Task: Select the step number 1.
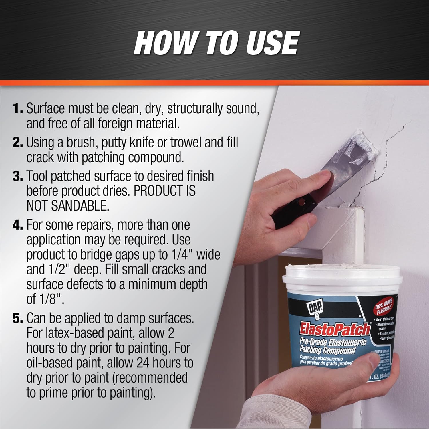point(18,109)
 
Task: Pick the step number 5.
point(18,318)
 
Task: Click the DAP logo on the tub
point(315,308)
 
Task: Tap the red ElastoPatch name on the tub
point(335,329)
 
